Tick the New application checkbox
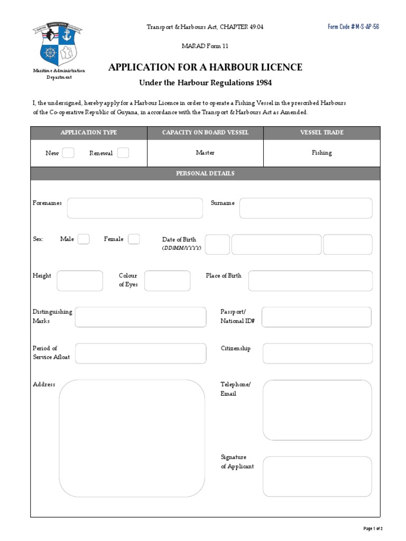tap(68, 153)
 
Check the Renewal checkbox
tap(123, 153)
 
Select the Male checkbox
tap(84, 239)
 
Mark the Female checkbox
tap(134, 239)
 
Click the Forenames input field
tap(135, 208)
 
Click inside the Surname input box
tap(306, 208)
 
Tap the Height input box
tap(80, 281)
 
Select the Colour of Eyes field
tap(167, 281)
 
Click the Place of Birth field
tap(310, 281)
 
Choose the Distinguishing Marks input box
tap(141, 317)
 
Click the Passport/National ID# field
tap(316, 317)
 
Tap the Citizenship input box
tap(317, 353)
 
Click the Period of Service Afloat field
tap(141, 353)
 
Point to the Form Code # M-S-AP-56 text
tap(353, 27)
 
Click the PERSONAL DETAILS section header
tap(205, 174)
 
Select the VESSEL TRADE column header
tap(321, 133)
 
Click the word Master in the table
tap(205, 153)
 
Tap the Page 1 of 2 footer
tap(373, 528)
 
